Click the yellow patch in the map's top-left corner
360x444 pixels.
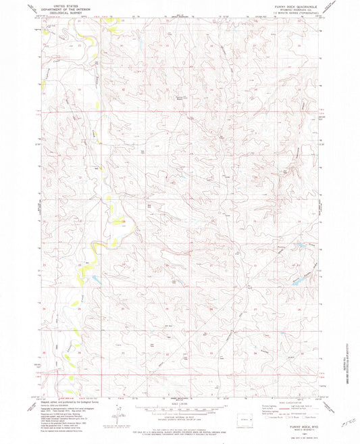click(x=46, y=31)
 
